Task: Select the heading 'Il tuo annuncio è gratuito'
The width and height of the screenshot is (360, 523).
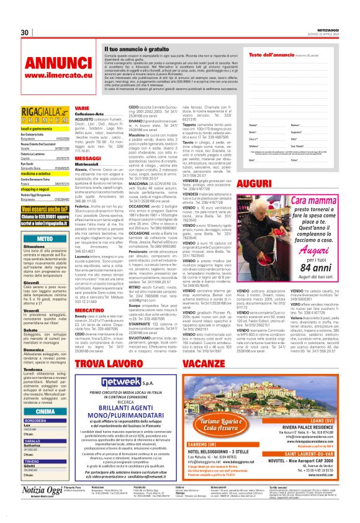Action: (x=137, y=48)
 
